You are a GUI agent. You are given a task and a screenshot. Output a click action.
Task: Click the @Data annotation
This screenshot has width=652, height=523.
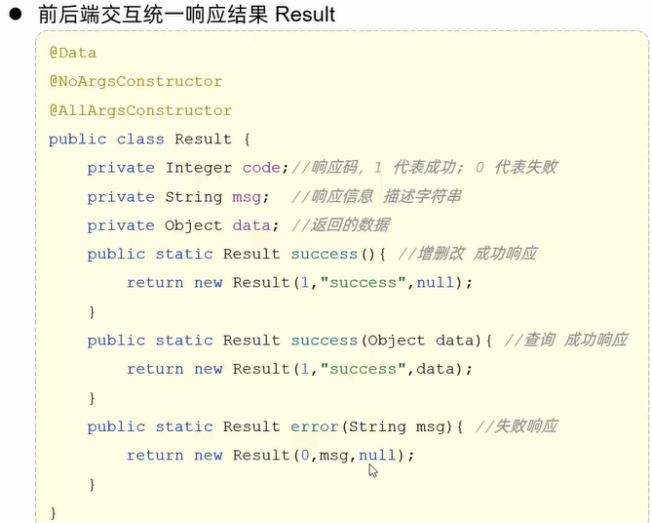coord(73,53)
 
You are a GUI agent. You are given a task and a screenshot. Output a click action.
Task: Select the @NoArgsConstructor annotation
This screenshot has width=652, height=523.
coord(135,81)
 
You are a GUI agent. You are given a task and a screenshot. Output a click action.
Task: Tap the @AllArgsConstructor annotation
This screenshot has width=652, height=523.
coord(140,110)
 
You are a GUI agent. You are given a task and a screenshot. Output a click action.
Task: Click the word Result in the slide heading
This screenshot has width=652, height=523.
coord(305,15)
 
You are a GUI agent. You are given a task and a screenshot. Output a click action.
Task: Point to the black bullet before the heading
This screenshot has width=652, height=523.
coord(16,15)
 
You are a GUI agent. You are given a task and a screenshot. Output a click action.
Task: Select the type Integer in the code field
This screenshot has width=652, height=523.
coord(199,168)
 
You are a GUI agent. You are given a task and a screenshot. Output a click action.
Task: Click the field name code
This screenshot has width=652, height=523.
coord(261,168)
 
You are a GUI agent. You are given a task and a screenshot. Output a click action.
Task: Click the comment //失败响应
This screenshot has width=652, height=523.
coord(516,426)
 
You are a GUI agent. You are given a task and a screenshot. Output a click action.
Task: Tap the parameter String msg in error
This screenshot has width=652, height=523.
coord(395,426)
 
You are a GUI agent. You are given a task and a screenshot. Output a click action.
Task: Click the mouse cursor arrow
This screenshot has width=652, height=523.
coord(372,469)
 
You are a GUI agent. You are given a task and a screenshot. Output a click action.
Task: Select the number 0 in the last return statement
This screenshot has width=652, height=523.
coord(305,456)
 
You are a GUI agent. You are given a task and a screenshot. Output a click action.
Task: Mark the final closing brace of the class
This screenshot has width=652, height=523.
coord(54,513)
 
